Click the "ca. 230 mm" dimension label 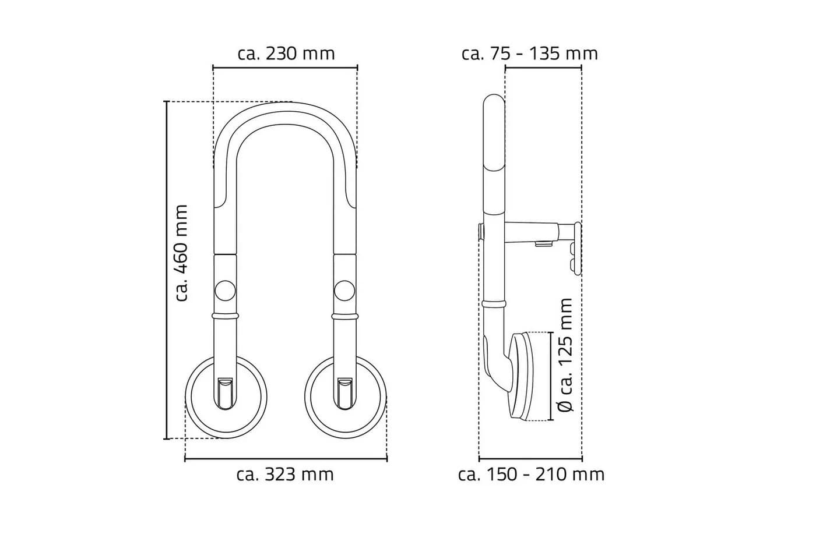(x=286, y=54)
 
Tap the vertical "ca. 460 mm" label (x=181, y=253)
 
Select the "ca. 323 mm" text (x=285, y=475)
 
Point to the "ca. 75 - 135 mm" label (x=530, y=54)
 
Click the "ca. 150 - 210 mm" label (x=531, y=475)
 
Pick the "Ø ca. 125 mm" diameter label (x=566, y=355)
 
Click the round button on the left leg (x=225, y=291)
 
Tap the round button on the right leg (x=344, y=291)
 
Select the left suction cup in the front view (x=226, y=397)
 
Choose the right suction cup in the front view (x=346, y=397)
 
